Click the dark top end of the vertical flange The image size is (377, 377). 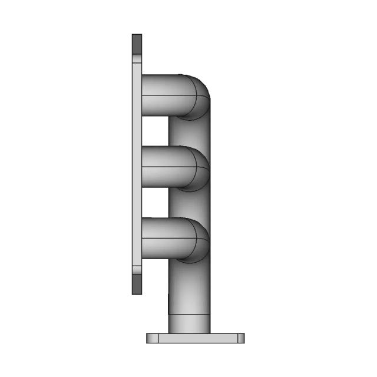tap(137, 44)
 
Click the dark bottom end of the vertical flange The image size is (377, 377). tap(137, 285)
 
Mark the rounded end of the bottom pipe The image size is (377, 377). tap(197, 240)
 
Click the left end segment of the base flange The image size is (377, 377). tap(152, 338)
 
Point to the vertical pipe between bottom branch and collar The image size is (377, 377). tap(189, 289)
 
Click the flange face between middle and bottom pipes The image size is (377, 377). tap(137, 204)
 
